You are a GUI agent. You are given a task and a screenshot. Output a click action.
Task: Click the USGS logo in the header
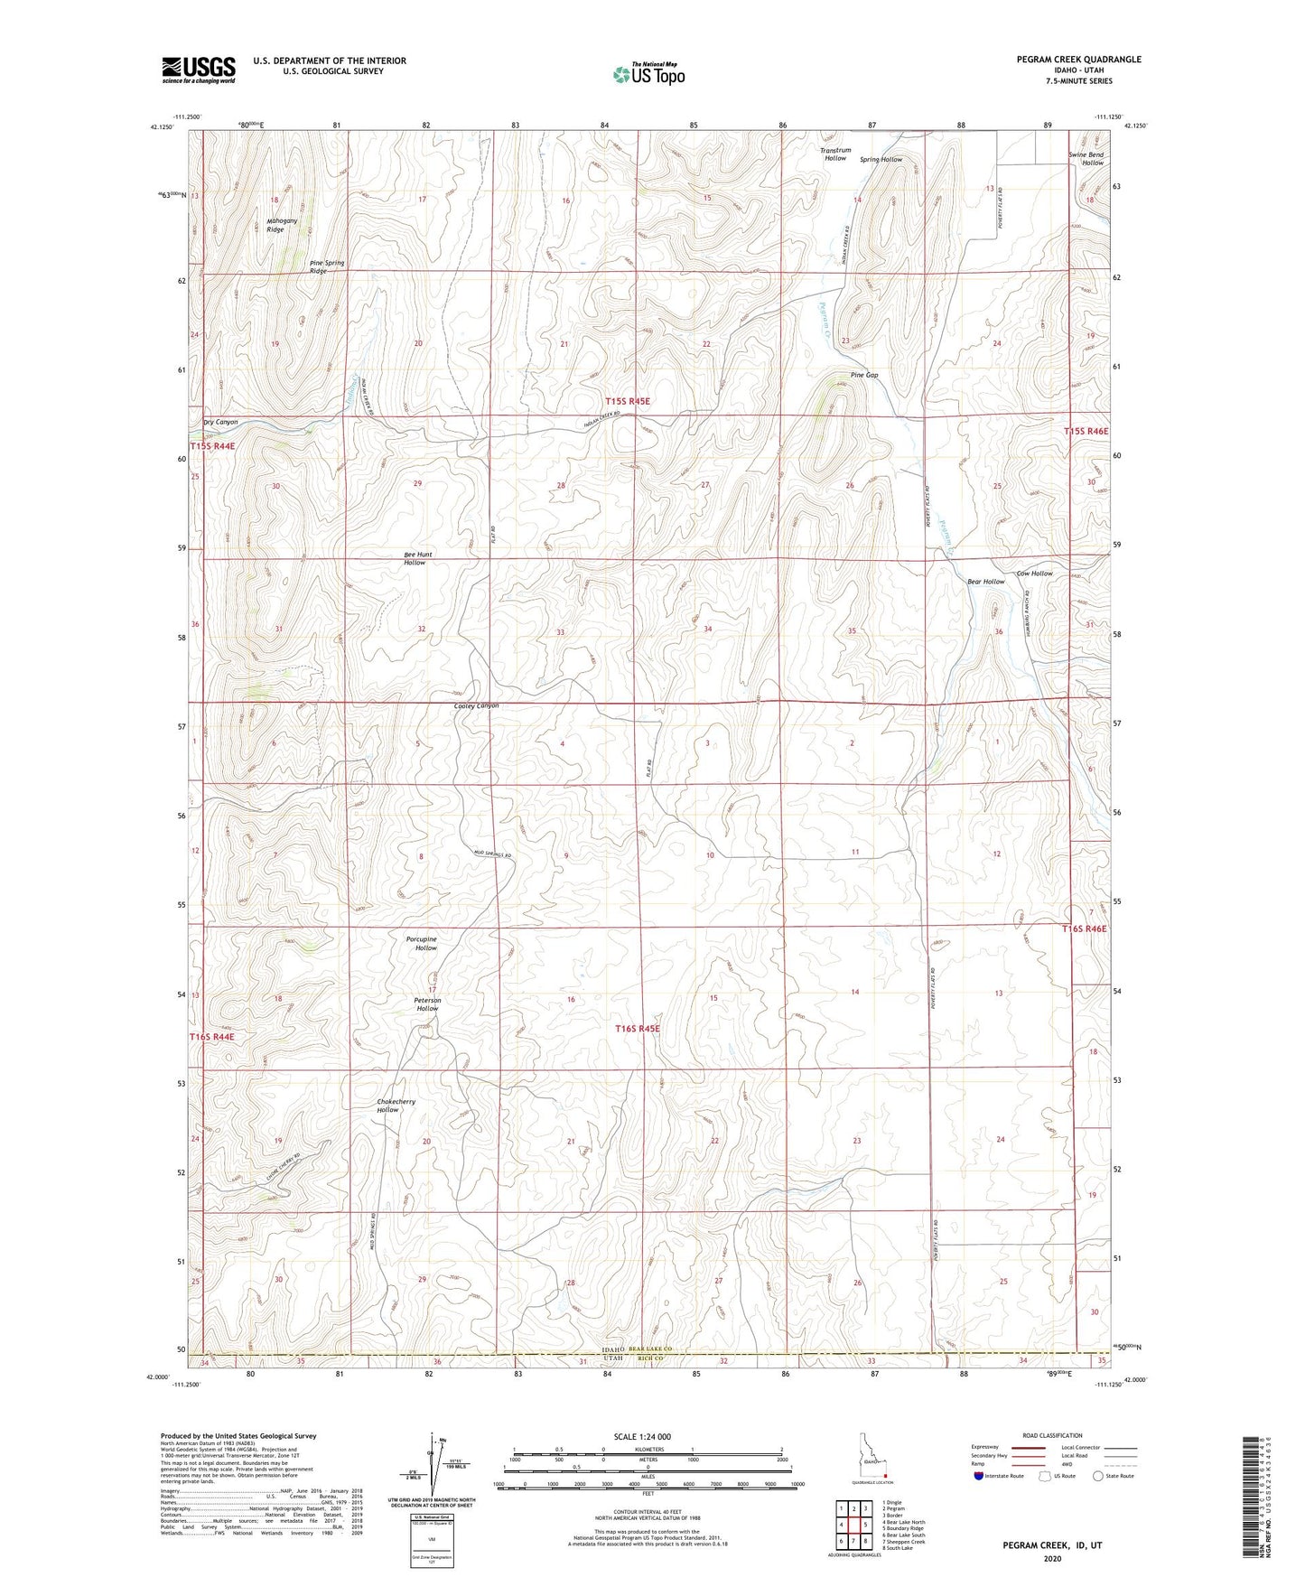[x=198, y=69]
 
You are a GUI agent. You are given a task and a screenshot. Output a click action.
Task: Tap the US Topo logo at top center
[x=648, y=75]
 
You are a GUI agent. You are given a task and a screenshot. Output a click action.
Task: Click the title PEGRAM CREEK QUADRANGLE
[x=1064, y=60]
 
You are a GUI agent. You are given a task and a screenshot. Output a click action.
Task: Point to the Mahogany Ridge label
[x=275, y=225]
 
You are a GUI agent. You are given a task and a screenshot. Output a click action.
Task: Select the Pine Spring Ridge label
[x=326, y=266]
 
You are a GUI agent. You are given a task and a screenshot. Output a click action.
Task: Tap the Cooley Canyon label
[x=477, y=706]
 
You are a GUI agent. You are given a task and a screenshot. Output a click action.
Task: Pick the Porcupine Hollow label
[x=421, y=943]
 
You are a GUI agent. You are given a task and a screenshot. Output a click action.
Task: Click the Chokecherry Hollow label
[x=396, y=1106]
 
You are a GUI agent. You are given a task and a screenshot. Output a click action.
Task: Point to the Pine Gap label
[x=863, y=375]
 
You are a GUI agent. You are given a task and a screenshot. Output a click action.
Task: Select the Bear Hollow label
[x=985, y=582]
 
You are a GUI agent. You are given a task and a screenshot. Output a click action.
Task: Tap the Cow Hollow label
[x=1034, y=574]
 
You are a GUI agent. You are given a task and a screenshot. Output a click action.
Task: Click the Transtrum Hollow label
[x=835, y=154]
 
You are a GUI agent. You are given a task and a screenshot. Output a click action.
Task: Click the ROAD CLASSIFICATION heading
[x=1054, y=1434]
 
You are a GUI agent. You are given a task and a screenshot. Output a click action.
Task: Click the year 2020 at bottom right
[x=1053, y=1559]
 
